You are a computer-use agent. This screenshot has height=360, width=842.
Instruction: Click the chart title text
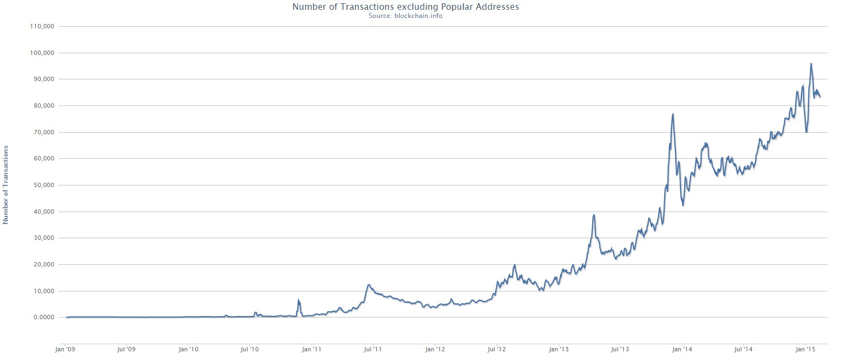405,7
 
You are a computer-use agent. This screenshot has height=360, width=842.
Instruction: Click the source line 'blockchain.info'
405,15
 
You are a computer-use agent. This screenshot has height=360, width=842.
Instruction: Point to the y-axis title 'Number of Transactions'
6,184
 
